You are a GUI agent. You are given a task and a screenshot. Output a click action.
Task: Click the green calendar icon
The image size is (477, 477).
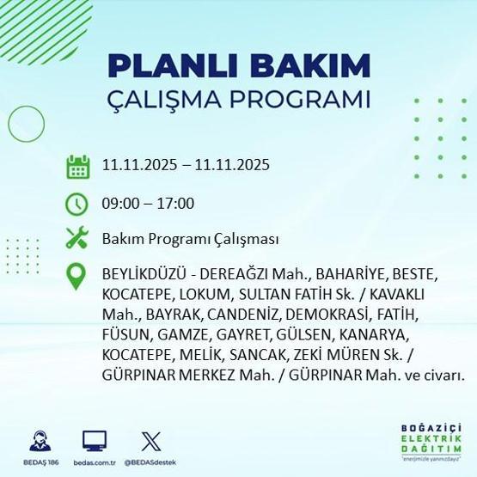click(78, 166)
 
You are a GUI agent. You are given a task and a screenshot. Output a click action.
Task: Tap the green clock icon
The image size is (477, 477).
click(78, 204)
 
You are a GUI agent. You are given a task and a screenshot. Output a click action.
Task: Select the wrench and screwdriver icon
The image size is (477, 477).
click(78, 239)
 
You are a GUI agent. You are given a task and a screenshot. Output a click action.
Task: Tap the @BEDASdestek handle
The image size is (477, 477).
click(150, 462)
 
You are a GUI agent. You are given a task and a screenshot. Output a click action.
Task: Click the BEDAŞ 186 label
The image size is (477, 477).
click(40, 462)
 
